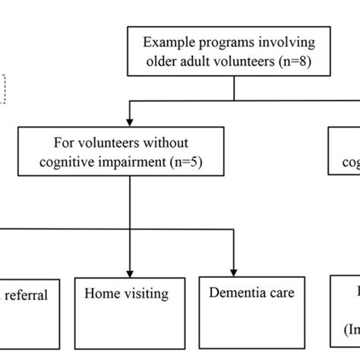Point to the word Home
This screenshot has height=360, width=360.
pyautogui.click(x=102, y=292)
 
